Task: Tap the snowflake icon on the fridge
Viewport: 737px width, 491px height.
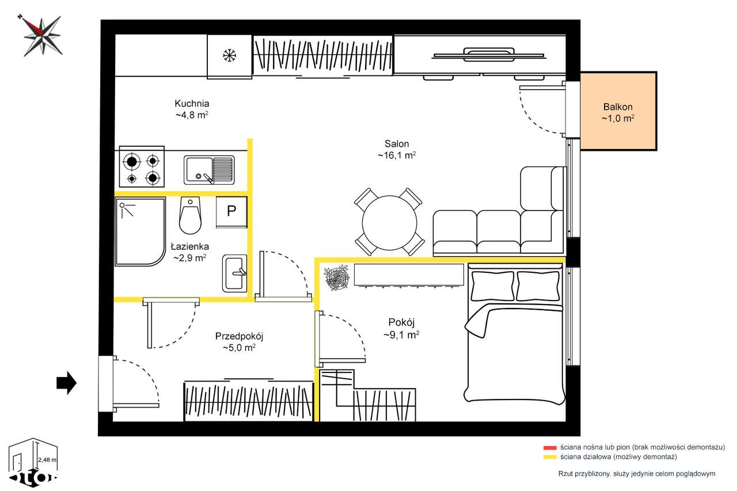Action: pyautogui.click(x=229, y=55)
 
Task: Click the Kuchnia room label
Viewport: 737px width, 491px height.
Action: pyautogui.click(x=192, y=104)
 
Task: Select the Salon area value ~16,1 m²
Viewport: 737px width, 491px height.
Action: pyautogui.click(x=397, y=155)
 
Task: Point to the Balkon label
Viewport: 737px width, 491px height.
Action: pyautogui.click(x=618, y=107)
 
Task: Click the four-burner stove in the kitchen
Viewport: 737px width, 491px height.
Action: pyautogui.click(x=142, y=167)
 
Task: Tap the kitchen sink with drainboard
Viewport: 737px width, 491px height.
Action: pyautogui.click(x=209, y=170)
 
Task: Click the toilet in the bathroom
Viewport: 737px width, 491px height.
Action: pyautogui.click(x=190, y=215)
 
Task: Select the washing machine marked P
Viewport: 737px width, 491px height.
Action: pyautogui.click(x=231, y=212)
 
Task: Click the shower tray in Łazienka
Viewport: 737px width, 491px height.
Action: pyautogui.click(x=140, y=231)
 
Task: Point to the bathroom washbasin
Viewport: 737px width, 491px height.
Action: pyautogui.click(x=234, y=273)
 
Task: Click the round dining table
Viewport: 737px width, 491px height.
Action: pyautogui.click(x=390, y=223)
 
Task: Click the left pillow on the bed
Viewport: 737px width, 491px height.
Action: pyautogui.click(x=492, y=286)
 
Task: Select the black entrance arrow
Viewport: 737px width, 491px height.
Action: pyautogui.click(x=66, y=383)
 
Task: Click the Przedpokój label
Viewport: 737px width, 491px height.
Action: pyautogui.click(x=239, y=336)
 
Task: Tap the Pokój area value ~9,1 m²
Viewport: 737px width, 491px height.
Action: pyautogui.click(x=401, y=335)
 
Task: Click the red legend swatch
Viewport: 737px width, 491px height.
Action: pyautogui.click(x=550, y=448)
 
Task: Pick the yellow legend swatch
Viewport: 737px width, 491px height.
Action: pyautogui.click(x=550, y=457)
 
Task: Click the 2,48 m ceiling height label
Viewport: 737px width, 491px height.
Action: pyautogui.click(x=47, y=460)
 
